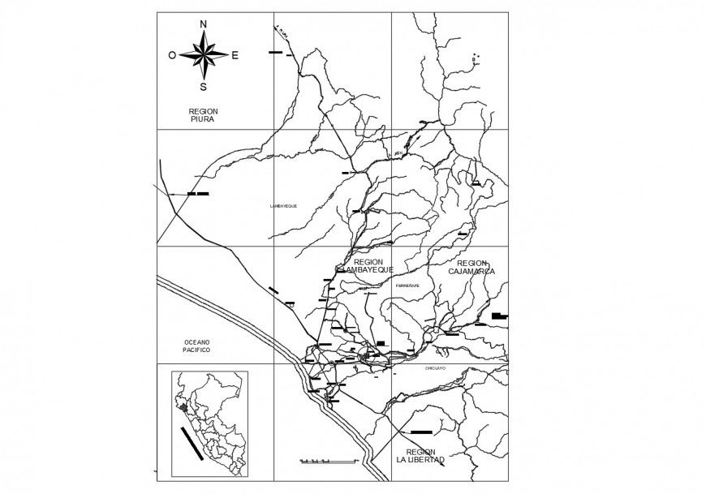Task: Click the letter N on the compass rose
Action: coord(203,24)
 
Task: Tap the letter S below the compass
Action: coord(203,86)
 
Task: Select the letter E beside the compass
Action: coord(235,55)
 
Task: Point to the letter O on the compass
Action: coord(172,55)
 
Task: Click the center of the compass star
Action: coord(203,55)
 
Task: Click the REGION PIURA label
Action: coord(203,115)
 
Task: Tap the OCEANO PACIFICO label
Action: coord(196,346)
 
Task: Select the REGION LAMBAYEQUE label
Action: coord(368,266)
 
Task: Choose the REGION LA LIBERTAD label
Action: coord(420,456)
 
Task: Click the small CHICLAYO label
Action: coord(435,368)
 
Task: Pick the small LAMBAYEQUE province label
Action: coord(283,206)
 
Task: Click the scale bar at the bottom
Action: coord(329,461)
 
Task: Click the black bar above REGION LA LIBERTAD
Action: coord(423,432)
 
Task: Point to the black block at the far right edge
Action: coord(499,316)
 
